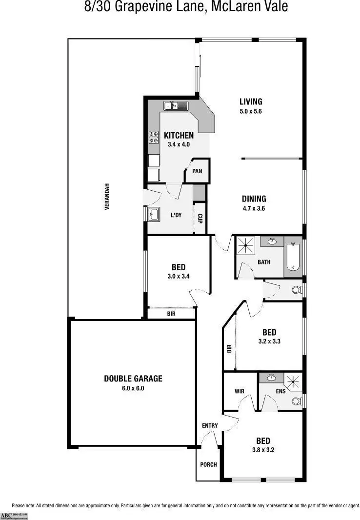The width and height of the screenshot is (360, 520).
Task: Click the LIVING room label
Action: click(x=251, y=102)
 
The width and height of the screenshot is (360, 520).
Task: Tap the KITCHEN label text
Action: click(x=179, y=136)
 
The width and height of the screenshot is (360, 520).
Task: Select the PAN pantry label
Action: click(x=197, y=171)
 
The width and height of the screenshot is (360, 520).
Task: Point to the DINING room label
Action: click(x=254, y=199)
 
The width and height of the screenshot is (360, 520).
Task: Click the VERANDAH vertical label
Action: click(x=107, y=196)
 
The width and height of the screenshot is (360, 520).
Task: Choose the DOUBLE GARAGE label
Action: click(x=133, y=379)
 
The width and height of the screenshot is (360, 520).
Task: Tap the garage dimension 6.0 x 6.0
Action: click(x=133, y=389)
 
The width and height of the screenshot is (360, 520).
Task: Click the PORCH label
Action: click(x=208, y=464)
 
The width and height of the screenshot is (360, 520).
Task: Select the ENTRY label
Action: click(x=210, y=426)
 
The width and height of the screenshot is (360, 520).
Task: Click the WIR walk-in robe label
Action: click(x=239, y=391)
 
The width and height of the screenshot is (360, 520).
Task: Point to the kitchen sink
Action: click(x=176, y=105)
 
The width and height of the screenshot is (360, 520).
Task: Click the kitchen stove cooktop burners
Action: click(x=154, y=137)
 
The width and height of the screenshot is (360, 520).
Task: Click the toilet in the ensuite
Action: click(x=296, y=401)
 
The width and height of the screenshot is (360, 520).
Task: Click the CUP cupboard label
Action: click(x=200, y=218)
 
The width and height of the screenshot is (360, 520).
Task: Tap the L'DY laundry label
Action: click(x=176, y=215)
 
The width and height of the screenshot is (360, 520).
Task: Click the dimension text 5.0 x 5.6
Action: click(x=251, y=111)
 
